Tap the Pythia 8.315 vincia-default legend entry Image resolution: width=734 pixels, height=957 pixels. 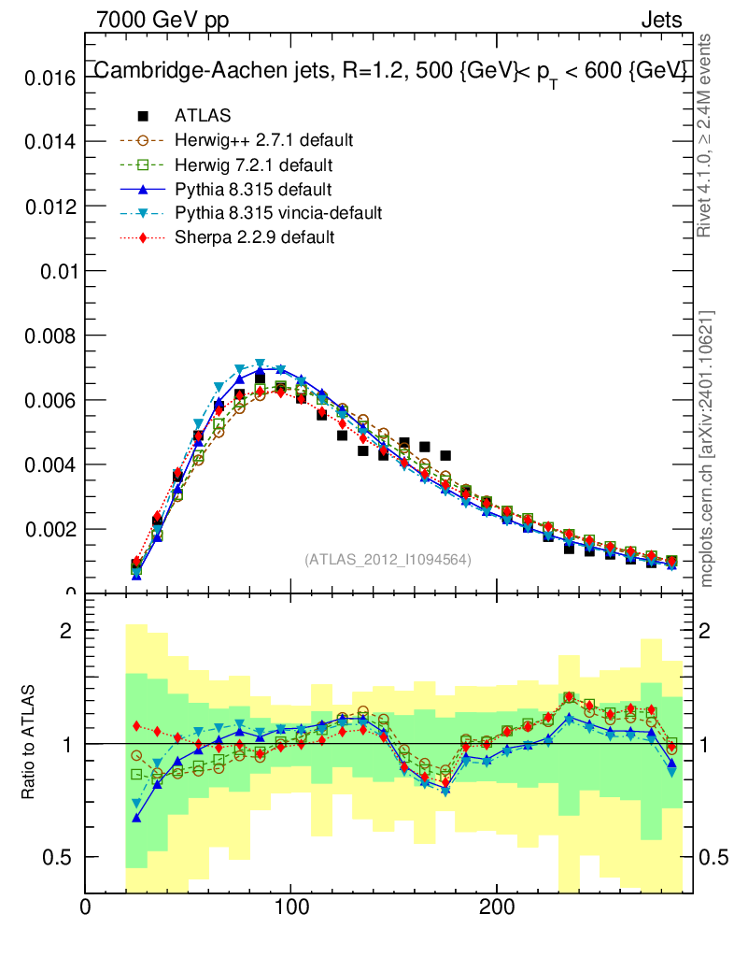click(x=278, y=213)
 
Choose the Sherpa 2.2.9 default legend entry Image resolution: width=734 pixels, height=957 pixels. click(x=254, y=237)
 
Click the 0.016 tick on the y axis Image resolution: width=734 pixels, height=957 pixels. click(x=47, y=78)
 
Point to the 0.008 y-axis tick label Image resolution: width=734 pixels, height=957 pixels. click(x=47, y=336)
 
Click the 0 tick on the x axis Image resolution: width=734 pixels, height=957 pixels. click(x=86, y=907)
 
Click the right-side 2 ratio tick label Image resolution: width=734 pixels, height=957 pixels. click(x=714, y=631)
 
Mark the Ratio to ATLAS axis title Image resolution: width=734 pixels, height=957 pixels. click(x=29, y=743)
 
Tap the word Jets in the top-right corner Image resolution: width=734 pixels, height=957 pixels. click(x=661, y=20)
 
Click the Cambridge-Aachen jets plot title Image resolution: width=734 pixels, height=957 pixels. click(x=390, y=71)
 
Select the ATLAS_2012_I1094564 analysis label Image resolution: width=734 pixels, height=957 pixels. click(x=388, y=560)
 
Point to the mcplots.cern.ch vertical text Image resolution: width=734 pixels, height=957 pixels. click(x=708, y=449)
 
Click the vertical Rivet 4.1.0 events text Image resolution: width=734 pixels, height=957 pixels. click(x=706, y=136)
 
